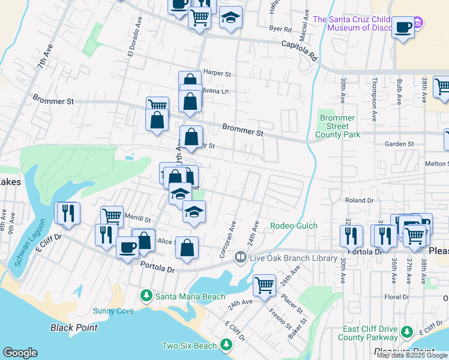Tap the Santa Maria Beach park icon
[x=146, y=296]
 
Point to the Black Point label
[x=74, y=328]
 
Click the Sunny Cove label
[x=113, y=311]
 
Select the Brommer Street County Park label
[x=338, y=126]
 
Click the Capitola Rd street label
[x=300, y=50]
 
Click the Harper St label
[x=217, y=73]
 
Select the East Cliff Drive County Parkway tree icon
[x=407, y=332]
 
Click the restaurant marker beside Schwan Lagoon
[x=67, y=214]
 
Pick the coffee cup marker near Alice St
[x=127, y=248]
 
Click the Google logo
[x=20, y=353]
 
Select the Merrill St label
[x=138, y=220]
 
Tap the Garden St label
[x=399, y=144]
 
